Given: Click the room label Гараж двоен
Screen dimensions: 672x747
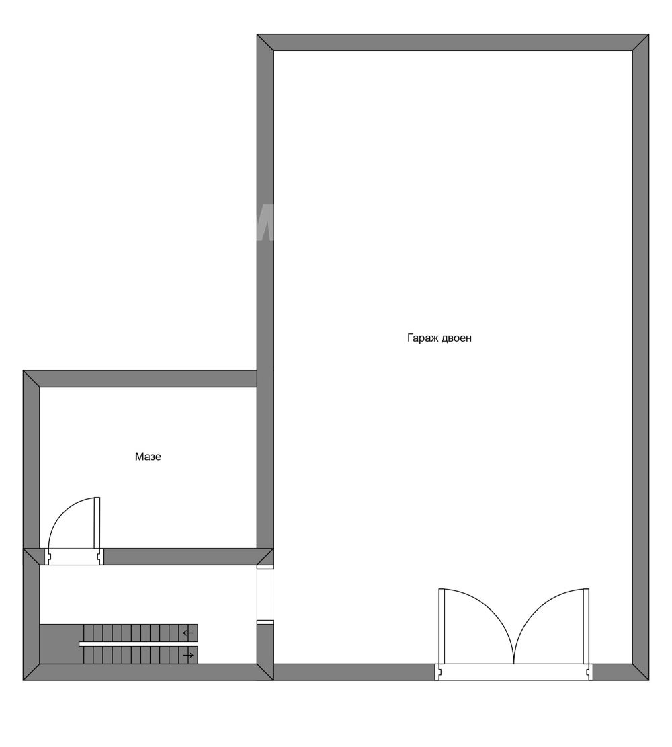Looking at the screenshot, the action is coord(439,338).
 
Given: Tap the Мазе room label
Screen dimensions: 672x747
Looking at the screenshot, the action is coord(148,457).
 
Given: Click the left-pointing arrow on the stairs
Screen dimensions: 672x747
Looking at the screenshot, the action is coord(188,633).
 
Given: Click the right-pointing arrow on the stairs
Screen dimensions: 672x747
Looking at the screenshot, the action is coord(189,655).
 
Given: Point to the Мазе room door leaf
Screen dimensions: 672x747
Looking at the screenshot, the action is coord(97,522).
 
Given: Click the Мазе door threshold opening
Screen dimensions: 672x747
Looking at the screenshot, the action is coord(74,557).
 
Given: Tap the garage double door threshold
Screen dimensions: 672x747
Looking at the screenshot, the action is coord(514,672).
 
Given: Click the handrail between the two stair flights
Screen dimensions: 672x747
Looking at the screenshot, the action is coord(138,644).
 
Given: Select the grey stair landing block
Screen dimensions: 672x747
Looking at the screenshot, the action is coord(61,643).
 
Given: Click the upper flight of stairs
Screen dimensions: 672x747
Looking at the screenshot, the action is coord(140,633).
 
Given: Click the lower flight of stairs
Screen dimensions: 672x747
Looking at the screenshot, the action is coord(140,655).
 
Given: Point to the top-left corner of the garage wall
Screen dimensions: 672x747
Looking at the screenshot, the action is coord(257,34).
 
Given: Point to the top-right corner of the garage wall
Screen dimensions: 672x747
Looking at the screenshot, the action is coord(648,34).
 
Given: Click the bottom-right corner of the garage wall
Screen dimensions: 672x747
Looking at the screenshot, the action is coord(648,680).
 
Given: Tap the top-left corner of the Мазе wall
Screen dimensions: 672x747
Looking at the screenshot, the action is coord(24,370).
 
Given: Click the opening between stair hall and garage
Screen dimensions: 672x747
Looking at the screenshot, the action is coord(265,594).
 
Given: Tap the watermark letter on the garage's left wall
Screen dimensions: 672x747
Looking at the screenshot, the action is coord(265,223).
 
